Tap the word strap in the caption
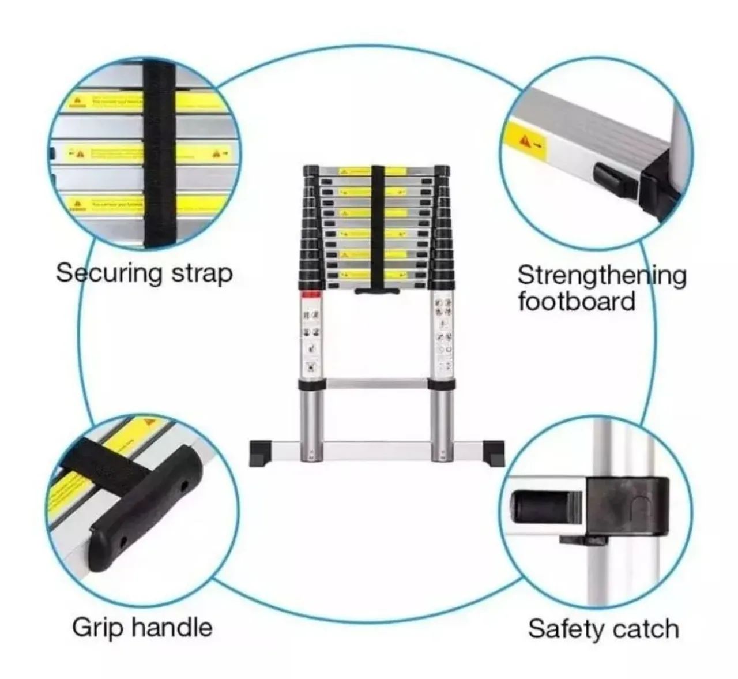[202, 274]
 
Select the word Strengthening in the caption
[601, 276]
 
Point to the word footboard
[576, 302]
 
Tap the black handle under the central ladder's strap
[377, 291]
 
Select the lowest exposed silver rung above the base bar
[376, 383]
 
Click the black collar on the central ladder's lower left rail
[311, 385]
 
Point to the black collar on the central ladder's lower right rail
[442, 385]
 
